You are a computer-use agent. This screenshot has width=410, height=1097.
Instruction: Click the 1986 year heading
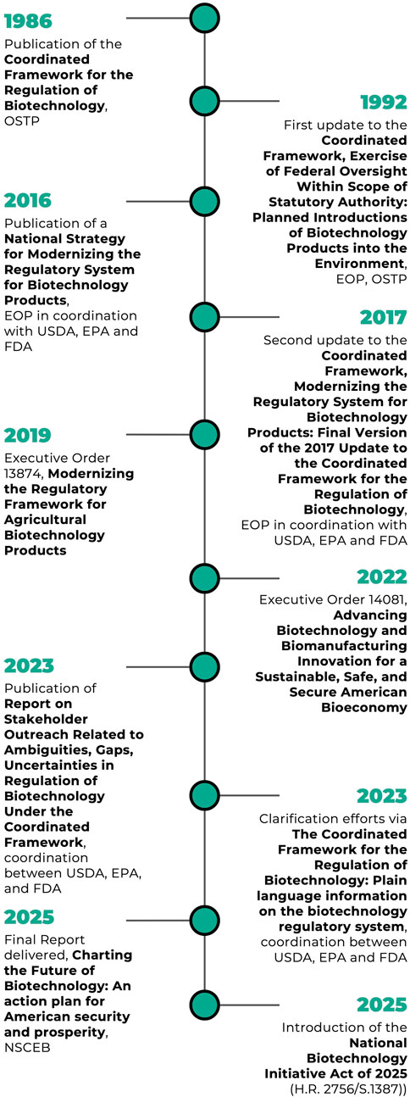pos(28,21)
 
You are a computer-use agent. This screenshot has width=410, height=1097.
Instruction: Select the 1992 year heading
pos(384,102)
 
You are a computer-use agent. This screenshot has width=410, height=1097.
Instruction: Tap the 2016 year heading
pos(28,200)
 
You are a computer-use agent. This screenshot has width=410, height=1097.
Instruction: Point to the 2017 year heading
pos(384,317)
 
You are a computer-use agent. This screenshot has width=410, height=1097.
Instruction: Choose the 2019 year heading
pos(28,436)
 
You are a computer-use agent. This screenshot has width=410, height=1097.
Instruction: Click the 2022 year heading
pos(382,577)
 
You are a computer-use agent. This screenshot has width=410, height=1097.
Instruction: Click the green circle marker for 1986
pos(204,18)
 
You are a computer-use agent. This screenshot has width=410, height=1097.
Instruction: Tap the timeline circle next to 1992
pos(204,101)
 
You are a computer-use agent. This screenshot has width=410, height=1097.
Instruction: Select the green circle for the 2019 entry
pos(204,434)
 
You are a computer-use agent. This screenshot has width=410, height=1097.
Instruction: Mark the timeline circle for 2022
pos(204,578)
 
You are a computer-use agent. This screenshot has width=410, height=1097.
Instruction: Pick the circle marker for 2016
pos(204,201)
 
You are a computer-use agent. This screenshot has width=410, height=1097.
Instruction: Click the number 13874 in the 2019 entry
pos(20,474)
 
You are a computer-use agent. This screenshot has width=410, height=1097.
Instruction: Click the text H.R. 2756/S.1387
pos(346,1089)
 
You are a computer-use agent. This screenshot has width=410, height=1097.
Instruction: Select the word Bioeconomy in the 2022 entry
pos(364,708)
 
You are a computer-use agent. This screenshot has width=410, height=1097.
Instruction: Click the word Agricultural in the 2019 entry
pos(45,520)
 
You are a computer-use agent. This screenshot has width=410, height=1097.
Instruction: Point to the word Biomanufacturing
pos(344,646)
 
